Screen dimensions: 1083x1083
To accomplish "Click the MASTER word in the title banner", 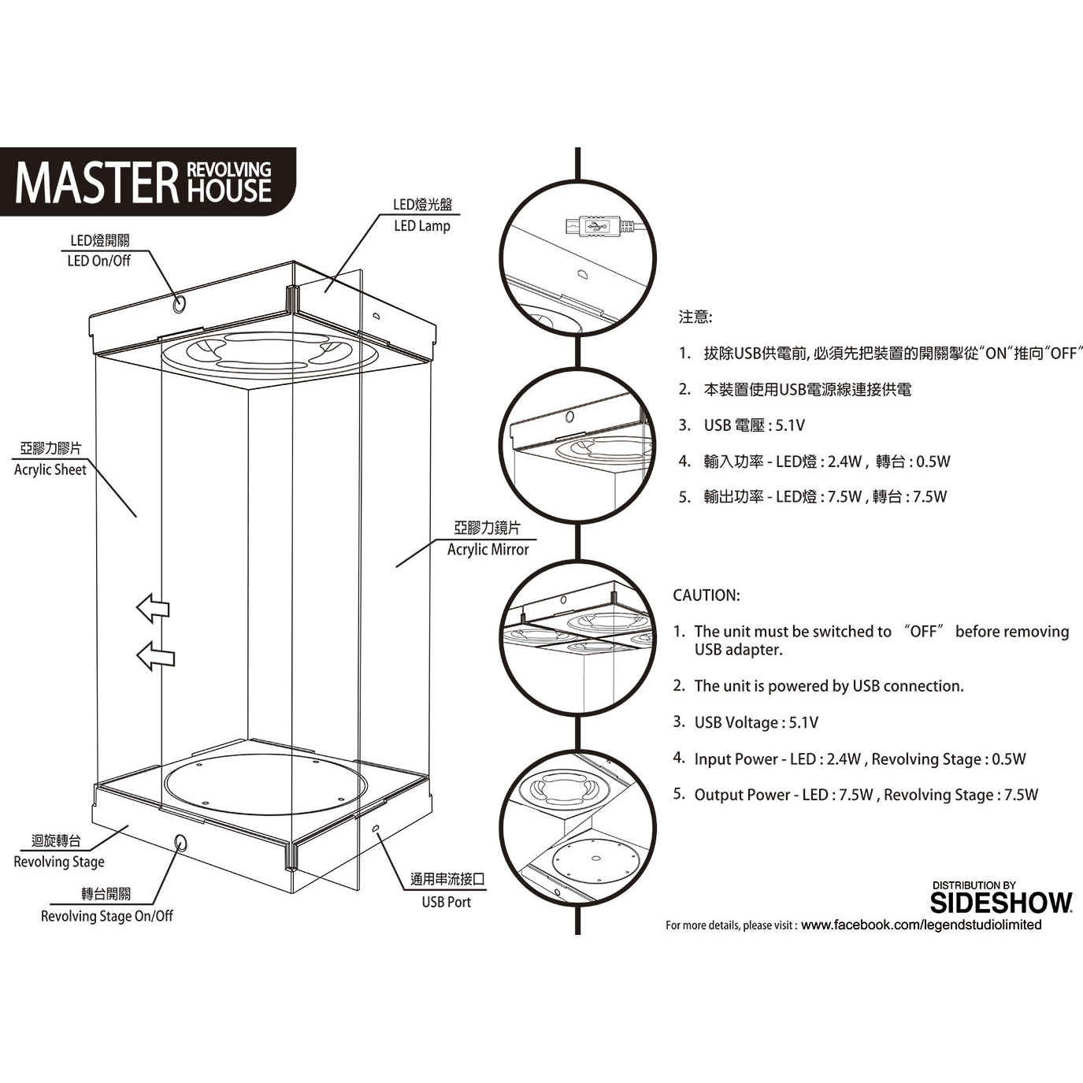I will coord(96,183).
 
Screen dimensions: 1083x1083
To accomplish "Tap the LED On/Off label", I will coord(99,261).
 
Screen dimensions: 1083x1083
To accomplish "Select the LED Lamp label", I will coord(422,226).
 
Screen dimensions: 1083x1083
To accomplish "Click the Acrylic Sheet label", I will coord(50,469).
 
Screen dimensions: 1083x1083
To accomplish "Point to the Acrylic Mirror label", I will coord(488,550).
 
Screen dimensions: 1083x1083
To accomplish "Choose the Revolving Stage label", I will coord(59,862).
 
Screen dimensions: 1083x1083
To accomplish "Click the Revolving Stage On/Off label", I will coord(107,916).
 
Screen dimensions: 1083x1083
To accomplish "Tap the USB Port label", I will coord(446,902).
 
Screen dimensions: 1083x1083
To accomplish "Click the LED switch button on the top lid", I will coord(180,302).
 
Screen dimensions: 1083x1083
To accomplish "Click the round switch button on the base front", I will coord(180,843).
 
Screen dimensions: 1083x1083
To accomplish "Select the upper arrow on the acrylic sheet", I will coord(154,608).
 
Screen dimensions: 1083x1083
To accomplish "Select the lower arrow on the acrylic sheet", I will coord(155,656).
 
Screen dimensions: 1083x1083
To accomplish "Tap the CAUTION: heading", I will coord(706,595).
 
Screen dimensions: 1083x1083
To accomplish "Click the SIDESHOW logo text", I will coord(1001,903).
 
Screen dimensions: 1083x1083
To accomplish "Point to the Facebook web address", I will coord(921,925).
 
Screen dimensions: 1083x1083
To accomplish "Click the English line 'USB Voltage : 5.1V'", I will coord(756,723).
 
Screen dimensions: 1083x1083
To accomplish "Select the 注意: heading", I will coord(695,317).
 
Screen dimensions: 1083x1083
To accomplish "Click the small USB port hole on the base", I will coord(376,829).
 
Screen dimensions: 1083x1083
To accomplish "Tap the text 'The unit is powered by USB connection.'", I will coord(829,686).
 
